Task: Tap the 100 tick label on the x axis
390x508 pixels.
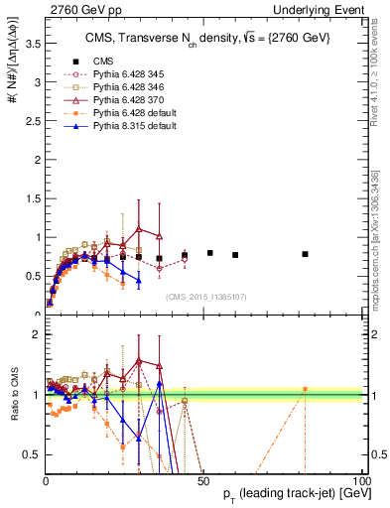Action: [360, 480]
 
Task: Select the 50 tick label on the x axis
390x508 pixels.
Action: [203, 480]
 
